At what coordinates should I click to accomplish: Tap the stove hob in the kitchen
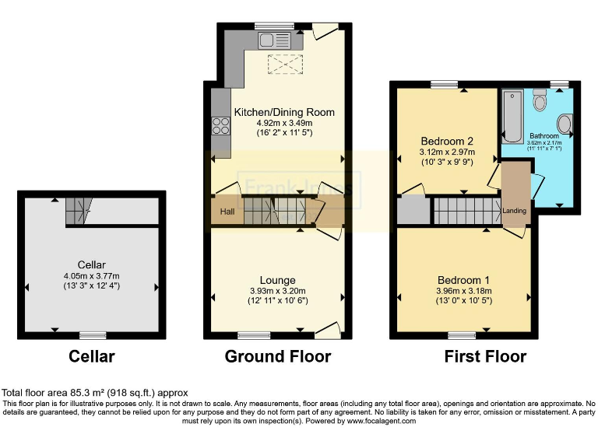tap(220, 125)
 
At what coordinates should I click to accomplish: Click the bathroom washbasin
tap(565, 124)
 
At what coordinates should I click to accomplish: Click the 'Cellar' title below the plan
tap(92, 357)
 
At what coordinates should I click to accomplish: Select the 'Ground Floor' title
tap(277, 357)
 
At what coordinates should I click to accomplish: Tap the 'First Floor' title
tap(485, 357)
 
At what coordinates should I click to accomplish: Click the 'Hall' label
tap(226, 212)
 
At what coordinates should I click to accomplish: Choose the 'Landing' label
tap(514, 211)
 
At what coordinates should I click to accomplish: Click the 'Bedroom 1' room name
tap(464, 280)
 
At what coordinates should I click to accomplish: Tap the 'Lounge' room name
tap(277, 280)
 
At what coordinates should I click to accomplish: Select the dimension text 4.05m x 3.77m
tap(92, 276)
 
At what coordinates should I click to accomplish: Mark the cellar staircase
tap(78, 209)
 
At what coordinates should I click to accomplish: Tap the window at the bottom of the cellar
tap(92, 335)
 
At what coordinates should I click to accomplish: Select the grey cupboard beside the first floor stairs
tap(413, 210)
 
